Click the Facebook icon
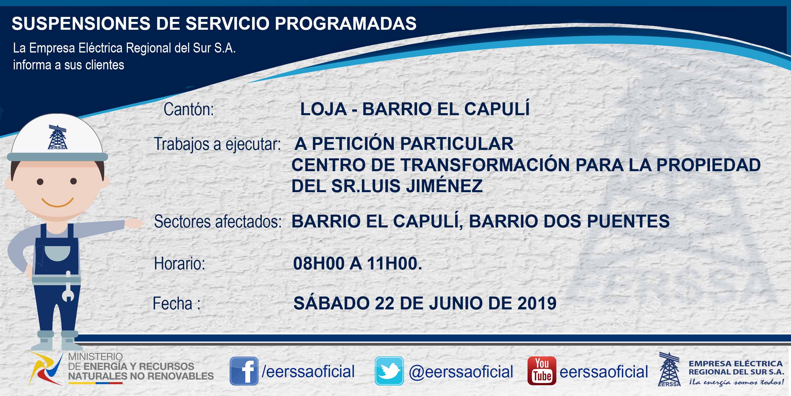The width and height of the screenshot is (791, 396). click(244, 371)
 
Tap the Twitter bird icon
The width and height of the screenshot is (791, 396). click(389, 371)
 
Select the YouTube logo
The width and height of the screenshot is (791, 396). click(542, 371)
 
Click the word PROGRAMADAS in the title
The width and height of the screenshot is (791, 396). click(345, 23)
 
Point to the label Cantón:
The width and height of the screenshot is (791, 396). click(189, 109)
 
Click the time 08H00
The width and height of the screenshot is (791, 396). click(319, 263)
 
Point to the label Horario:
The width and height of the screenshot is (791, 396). click(180, 264)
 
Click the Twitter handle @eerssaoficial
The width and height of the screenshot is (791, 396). click(461, 372)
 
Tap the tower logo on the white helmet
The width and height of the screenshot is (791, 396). click(57, 137)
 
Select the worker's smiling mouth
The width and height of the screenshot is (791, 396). click(57, 202)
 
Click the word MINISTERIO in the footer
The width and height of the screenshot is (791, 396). click(95, 356)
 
